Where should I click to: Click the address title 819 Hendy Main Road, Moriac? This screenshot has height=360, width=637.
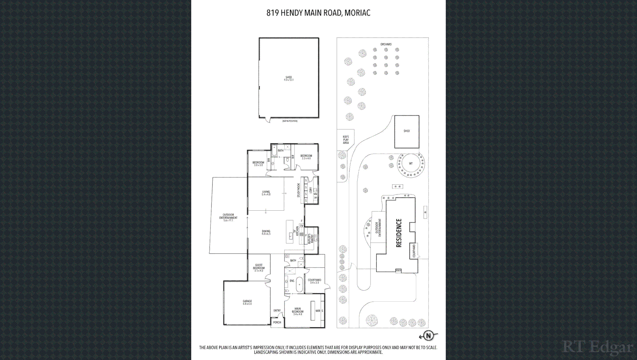[x=318, y=13]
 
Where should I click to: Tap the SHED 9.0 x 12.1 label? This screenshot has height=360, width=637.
[x=288, y=78]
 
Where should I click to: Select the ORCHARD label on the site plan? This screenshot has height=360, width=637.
[x=386, y=44]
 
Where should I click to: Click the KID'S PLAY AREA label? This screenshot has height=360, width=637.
[x=346, y=140]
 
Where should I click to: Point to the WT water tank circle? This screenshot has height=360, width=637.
[x=411, y=164]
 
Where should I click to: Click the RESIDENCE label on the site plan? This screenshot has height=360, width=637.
[x=399, y=233]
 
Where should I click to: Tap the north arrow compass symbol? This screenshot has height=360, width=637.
[x=428, y=336]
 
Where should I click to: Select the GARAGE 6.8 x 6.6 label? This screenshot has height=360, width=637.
[x=247, y=302]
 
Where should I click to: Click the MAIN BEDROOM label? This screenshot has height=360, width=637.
[x=297, y=311]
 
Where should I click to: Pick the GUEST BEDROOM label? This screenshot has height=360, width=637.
[x=259, y=268]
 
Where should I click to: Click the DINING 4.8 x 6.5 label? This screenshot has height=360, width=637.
[x=266, y=232]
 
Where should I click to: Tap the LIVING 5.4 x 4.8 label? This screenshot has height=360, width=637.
[x=266, y=193]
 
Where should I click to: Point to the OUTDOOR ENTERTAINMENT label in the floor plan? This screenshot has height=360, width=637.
[x=228, y=217]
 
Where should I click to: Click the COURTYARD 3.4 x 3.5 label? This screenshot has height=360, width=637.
[x=314, y=281]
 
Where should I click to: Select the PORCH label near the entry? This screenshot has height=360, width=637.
[x=277, y=322]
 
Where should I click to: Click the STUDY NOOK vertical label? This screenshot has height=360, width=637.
[x=299, y=190]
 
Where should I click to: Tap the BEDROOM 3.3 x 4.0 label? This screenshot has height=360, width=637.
[x=306, y=157]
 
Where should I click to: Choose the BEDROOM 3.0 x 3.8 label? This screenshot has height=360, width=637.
[x=258, y=164]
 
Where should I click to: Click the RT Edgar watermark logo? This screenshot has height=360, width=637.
[x=597, y=347]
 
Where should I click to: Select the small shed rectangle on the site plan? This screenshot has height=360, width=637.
[x=407, y=132]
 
